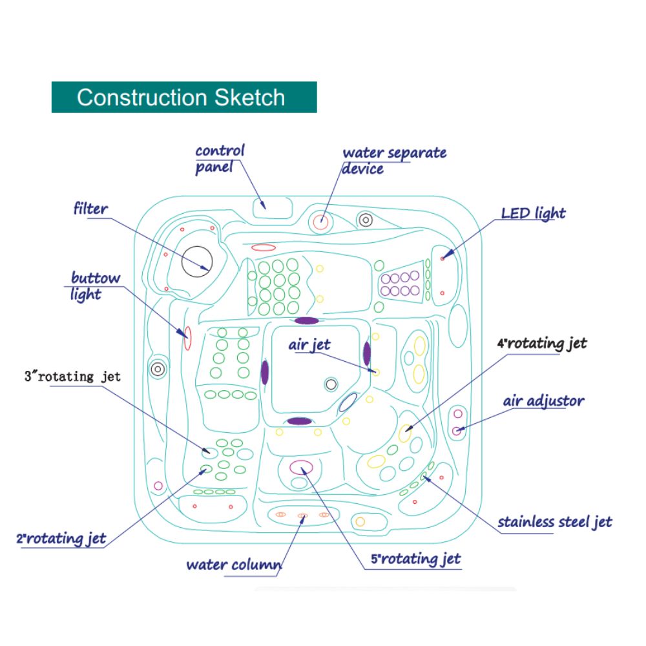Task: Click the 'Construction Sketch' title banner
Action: (183, 98)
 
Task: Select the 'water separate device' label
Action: (393, 161)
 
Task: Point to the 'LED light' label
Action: (533, 213)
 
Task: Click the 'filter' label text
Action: (90, 209)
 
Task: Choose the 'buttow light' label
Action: (95, 286)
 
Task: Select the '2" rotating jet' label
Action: (61, 538)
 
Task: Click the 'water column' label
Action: (233, 565)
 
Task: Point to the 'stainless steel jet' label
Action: (554, 522)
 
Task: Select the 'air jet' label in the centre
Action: (309, 345)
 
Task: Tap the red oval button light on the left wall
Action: (187, 337)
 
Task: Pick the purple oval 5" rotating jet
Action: (301, 466)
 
